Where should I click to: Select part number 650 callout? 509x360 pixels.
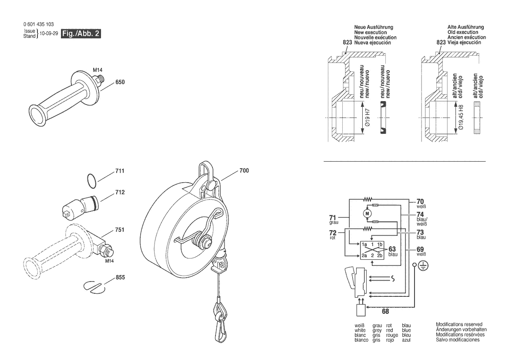120,82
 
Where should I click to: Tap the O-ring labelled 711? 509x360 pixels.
90,180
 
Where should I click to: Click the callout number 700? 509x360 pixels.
244,171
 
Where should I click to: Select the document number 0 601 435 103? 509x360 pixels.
39,24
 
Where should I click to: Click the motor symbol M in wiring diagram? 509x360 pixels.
367,213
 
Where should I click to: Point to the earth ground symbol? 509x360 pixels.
422,265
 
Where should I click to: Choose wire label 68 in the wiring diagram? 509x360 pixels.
385,311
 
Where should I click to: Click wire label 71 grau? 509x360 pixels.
332,218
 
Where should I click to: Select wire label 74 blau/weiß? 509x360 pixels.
420,217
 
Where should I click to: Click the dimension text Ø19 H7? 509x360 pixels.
367,117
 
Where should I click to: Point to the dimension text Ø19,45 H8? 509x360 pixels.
462,119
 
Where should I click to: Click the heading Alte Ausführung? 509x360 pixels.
465,27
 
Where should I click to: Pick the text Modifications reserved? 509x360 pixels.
459,324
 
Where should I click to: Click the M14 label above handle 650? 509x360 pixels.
98,69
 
